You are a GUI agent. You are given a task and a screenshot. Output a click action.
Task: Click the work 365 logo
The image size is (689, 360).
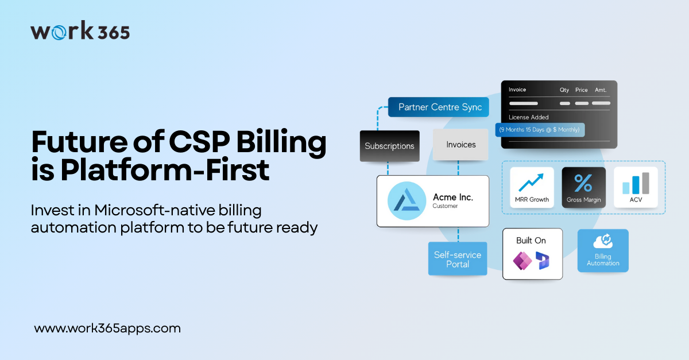[x=80, y=31]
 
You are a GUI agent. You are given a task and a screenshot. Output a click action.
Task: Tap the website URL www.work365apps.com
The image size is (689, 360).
[x=107, y=329]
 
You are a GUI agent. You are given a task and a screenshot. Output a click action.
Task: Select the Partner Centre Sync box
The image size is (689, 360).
[x=439, y=107]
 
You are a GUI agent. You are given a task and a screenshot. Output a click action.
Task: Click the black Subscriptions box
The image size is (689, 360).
[x=389, y=146]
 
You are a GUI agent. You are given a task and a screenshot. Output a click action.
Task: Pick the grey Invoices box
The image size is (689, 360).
[x=461, y=145]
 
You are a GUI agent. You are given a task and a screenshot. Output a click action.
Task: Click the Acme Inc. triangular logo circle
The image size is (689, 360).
[x=407, y=201]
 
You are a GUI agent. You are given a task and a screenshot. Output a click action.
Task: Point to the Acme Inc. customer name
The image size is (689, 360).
[x=453, y=198]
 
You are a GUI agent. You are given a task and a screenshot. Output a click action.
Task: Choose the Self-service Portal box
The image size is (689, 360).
[x=458, y=259]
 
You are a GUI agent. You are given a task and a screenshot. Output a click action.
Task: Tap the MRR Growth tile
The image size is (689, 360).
[x=532, y=187]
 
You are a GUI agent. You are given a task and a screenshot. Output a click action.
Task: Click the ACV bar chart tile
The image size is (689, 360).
[x=635, y=187]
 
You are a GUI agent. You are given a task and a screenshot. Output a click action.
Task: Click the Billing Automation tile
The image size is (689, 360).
[x=603, y=251]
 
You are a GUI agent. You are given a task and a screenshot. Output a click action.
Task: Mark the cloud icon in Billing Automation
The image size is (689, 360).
[x=603, y=241]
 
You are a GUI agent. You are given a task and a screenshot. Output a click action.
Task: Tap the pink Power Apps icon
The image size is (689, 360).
[x=522, y=261]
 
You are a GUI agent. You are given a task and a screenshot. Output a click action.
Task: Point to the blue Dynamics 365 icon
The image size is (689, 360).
[x=543, y=261]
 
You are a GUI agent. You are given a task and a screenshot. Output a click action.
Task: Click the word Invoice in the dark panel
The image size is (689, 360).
[x=517, y=90]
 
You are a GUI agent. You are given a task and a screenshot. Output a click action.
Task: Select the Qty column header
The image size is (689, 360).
[x=565, y=90]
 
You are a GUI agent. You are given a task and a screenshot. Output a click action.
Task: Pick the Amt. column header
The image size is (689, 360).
[x=601, y=90]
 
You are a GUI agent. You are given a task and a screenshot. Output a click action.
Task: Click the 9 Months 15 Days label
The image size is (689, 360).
[x=540, y=130]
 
